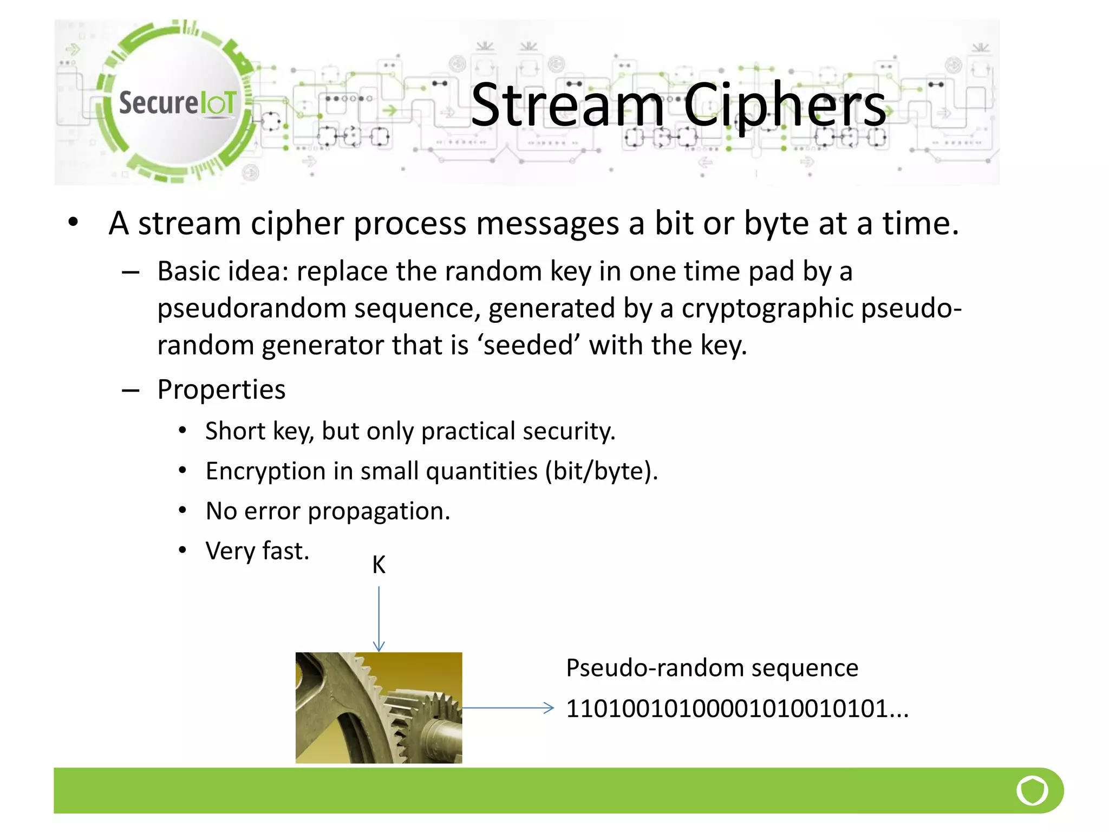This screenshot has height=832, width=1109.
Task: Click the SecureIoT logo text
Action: point(178,103)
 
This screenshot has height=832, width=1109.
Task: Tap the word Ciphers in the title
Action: point(785,105)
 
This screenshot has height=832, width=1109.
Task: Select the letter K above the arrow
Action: point(379,565)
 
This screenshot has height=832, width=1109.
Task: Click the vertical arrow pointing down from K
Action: point(379,617)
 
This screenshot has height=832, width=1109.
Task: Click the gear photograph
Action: point(379,707)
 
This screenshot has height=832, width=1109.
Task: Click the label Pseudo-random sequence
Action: point(712,667)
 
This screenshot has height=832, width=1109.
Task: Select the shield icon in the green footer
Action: point(1032,790)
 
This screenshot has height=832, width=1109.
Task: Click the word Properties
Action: point(221,389)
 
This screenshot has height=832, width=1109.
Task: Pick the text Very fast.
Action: point(257,551)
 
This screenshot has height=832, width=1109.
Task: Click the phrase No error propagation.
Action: point(328,511)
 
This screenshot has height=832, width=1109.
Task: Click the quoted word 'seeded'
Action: point(529,345)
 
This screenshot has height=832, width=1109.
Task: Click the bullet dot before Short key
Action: point(182,431)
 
